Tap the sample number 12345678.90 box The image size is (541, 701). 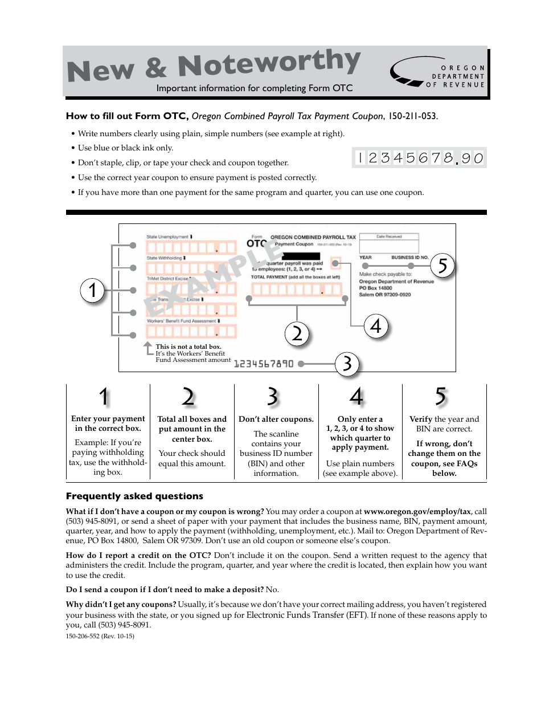tap(419, 158)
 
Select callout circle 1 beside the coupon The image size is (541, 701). tap(92, 290)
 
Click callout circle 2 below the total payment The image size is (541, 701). tap(297, 333)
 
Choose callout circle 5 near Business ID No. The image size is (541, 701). tap(442, 266)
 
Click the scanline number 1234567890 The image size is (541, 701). tap(264, 364)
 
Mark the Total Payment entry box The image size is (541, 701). tap(296, 290)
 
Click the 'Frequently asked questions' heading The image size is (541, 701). tap(134, 496)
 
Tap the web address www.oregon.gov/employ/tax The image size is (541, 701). tap(418, 512)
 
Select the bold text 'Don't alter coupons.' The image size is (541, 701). tap(276, 419)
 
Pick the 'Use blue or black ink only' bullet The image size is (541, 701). tap(125, 148)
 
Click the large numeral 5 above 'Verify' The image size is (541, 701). tap(440, 397)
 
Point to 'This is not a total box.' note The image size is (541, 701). tap(188, 347)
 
